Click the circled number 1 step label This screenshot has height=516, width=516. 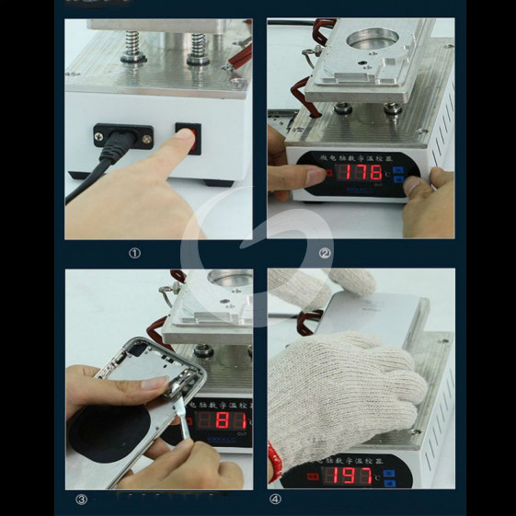(134, 253)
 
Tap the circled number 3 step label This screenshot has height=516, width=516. (81, 500)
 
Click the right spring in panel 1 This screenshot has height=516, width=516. (198, 47)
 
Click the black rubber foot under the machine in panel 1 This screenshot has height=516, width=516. (218, 181)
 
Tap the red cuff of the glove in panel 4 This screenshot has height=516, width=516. (272, 460)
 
